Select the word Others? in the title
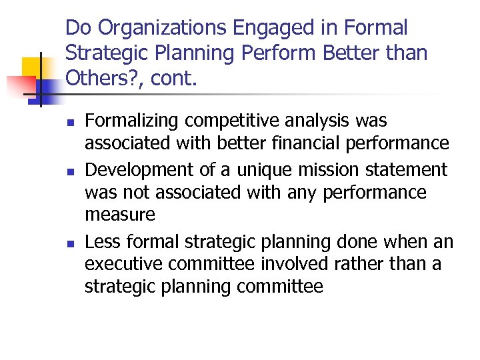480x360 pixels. [x=103, y=80]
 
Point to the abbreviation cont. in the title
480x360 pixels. [x=175, y=80]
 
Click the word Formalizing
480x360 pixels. [x=132, y=121]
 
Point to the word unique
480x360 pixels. [x=246, y=169]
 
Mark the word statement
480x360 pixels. [x=404, y=169]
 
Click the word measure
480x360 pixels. [x=119, y=215]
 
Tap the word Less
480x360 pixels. [x=102, y=241]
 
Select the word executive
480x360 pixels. [x=123, y=264]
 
